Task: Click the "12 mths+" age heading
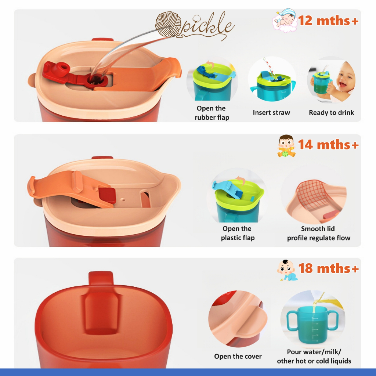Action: coord(328,21)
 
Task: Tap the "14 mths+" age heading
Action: coord(328,145)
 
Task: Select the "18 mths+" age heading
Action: coord(328,268)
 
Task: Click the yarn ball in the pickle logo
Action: coord(168,25)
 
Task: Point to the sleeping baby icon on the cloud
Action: coord(285,21)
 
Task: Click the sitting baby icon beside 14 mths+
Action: coord(286,146)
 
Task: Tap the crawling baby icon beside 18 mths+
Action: coord(287,270)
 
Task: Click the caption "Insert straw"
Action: coord(271,112)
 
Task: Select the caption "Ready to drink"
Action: coord(332,112)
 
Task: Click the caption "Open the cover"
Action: coord(238,356)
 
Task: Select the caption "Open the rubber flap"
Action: coord(212,113)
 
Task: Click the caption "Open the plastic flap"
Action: coord(238,233)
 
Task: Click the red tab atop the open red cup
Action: coord(101,278)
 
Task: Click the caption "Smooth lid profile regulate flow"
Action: coord(318,233)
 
